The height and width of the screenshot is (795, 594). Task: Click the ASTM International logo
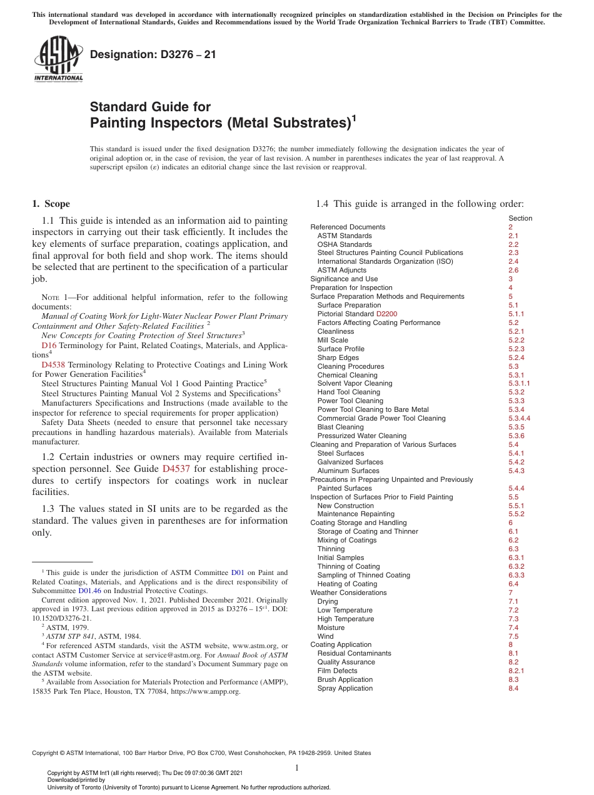[x=58, y=59]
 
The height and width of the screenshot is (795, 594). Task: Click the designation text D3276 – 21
[x=153, y=54]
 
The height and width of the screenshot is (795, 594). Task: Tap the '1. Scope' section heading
[x=51, y=204]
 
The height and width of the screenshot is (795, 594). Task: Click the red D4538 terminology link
[x=53, y=364]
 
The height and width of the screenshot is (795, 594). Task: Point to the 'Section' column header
[x=520, y=218]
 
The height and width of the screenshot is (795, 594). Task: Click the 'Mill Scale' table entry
[x=333, y=340]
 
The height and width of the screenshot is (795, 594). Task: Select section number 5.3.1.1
[x=518, y=384]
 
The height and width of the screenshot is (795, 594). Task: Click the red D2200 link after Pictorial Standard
[x=386, y=314]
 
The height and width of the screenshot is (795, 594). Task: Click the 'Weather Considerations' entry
[x=348, y=592]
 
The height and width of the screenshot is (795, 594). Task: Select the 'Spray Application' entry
[x=345, y=688]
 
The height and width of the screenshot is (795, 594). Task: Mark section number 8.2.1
[x=516, y=671]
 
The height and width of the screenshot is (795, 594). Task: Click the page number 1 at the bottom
[x=297, y=768]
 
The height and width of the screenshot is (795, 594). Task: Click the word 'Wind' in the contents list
[x=325, y=636]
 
